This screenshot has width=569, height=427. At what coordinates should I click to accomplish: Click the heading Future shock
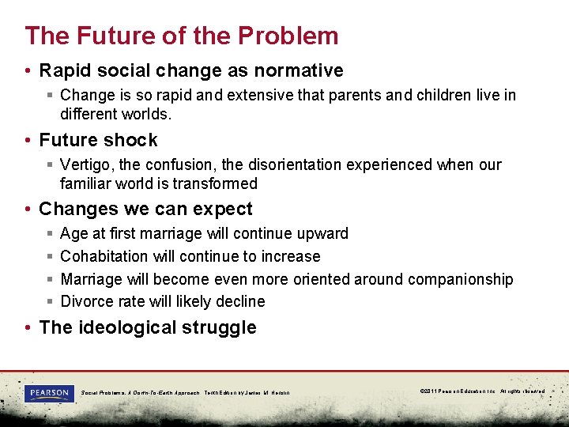(x=98, y=140)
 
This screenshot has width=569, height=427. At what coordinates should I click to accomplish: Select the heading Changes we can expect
(x=145, y=209)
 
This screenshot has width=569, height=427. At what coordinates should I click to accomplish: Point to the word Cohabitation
(x=104, y=256)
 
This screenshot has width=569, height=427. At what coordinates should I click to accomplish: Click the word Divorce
(x=86, y=301)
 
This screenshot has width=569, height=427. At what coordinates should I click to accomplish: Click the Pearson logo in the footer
(x=49, y=393)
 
